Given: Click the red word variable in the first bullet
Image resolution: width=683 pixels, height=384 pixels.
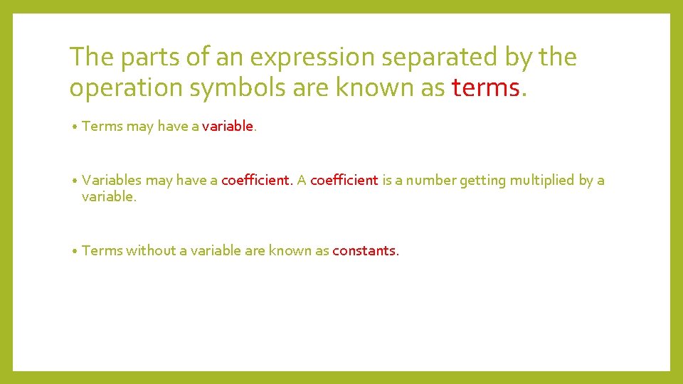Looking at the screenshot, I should pos(228,126).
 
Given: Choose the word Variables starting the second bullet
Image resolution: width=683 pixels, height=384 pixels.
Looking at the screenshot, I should pos(112,180).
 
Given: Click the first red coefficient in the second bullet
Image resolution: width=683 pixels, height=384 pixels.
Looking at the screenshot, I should pos(256,180).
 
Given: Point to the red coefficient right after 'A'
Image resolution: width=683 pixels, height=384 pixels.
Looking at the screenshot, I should pos(344,180).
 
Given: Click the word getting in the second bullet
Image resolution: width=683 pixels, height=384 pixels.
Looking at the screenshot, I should pos(482,181).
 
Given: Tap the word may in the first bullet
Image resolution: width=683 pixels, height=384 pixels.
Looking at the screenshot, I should pos(139,127).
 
